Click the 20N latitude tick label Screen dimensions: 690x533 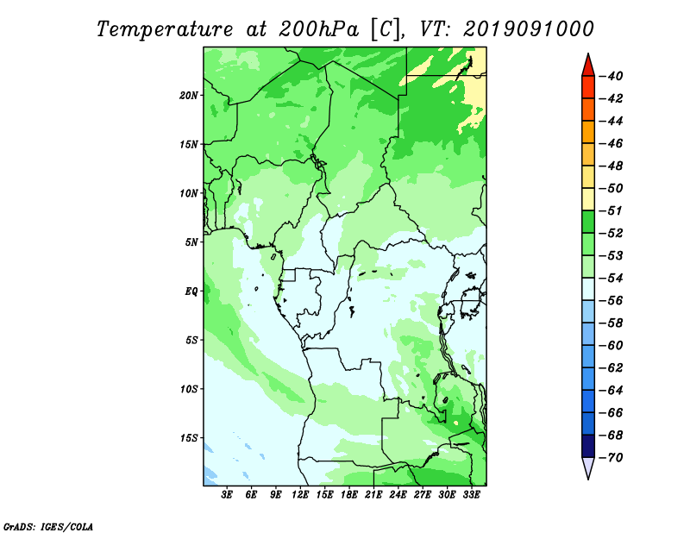pos(189,96)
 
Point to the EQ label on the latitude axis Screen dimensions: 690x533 pos(191,292)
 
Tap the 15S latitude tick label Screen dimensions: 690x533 pos(189,438)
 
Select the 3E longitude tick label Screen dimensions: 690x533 pos(227,494)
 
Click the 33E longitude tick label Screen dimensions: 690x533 pos(471,494)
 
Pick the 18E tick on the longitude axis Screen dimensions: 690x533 pos(349,494)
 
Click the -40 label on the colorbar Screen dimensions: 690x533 pos(611,76)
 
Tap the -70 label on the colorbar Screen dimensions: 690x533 pos(611,458)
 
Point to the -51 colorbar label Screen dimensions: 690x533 pos(611,210)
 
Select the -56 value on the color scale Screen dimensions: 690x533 pos(611,301)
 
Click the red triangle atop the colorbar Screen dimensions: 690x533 pos(588,66)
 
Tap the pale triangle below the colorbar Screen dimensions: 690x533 pos(588,467)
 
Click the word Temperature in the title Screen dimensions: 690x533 pos(165,29)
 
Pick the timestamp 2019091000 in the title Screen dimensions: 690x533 pos(529,29)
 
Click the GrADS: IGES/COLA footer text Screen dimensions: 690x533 pos(48,527)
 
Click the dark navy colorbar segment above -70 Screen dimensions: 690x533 pos(588,446)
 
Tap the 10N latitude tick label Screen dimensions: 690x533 pos(189,193)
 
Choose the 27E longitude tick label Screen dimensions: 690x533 pos(422,494)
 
